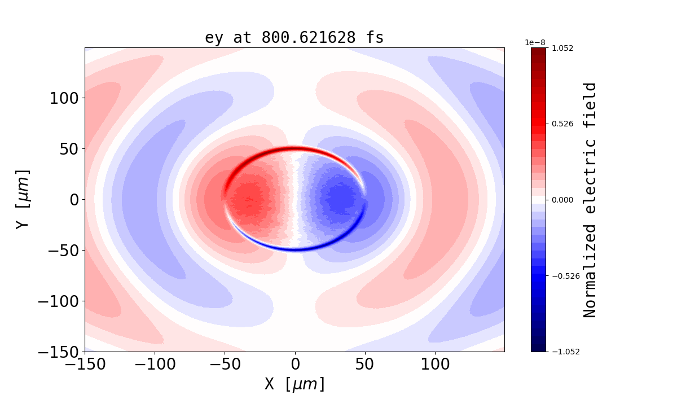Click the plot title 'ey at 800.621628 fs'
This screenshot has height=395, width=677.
tap(294, 38)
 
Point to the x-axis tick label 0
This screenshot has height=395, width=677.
tap(294, 364)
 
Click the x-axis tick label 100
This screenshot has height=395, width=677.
tap(434, 364)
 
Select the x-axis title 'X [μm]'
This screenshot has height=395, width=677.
tap(294, 384)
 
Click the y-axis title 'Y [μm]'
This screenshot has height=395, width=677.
tap(22, 199)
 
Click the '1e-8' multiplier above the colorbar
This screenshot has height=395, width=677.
tap(535, 42)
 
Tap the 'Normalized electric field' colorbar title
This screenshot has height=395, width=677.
tap(590, 200)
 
